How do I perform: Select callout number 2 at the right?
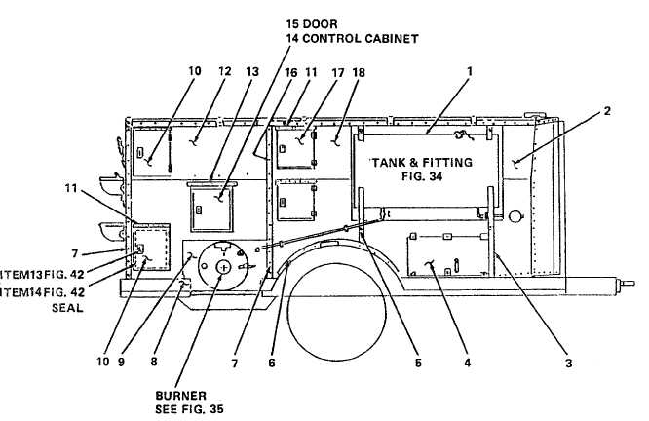click(607, 110)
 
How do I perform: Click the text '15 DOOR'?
click(312, 22)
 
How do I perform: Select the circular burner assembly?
click(223, 264)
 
